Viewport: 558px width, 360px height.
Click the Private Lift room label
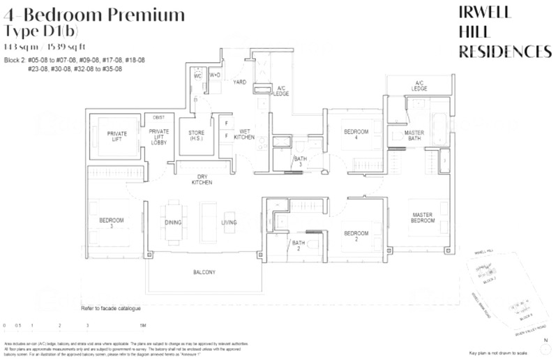pos(116,136)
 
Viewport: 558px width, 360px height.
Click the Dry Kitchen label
pos(202,179)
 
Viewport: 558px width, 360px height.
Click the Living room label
pos(229,223)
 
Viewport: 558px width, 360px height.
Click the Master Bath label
pos(414,136)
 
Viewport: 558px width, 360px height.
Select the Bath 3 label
pos(299,163)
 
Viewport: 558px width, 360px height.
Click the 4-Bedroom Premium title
pos(94,14)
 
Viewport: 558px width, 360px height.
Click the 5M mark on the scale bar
pos(142,326)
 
